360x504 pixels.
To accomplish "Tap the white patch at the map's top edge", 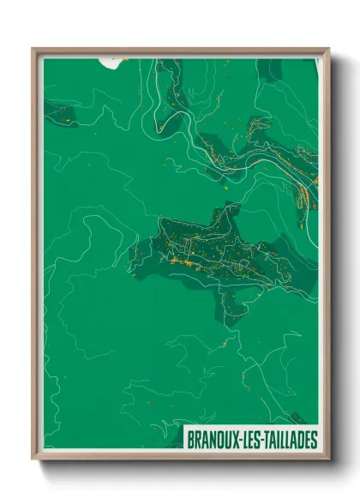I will (x=111, y=61).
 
